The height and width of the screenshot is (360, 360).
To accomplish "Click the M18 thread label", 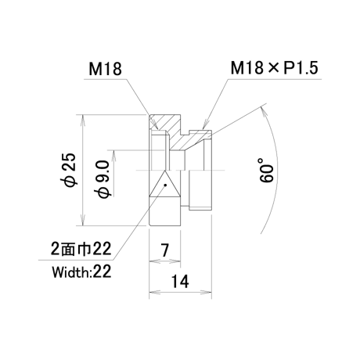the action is click(105, 69).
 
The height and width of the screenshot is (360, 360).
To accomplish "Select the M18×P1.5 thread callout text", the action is click(274, 68).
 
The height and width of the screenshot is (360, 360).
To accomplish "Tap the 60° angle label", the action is click(267, 170).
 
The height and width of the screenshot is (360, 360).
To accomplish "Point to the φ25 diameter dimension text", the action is click(70, 170).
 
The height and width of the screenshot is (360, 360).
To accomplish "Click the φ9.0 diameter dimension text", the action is click(103, 179).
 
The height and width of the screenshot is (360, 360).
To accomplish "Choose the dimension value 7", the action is click(164, 250).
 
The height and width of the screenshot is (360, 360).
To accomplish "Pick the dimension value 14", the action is click(180, 282).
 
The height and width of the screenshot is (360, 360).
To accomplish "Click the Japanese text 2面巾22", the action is click(81, 249).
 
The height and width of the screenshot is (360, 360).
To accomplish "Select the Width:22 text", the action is click(82, 272).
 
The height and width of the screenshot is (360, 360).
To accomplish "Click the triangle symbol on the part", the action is click(165, 184).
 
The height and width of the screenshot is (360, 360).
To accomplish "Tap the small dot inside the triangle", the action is click(165, 185).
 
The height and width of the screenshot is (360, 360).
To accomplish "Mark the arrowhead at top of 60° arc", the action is click(264, 110).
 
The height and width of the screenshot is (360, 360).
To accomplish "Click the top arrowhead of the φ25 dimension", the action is click(83, 119).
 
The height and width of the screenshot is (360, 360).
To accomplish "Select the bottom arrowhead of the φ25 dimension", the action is click(83, 221).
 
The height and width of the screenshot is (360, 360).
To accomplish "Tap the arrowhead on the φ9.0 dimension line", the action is click(114, 155).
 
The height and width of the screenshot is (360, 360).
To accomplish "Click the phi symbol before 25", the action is click(70, 180).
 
